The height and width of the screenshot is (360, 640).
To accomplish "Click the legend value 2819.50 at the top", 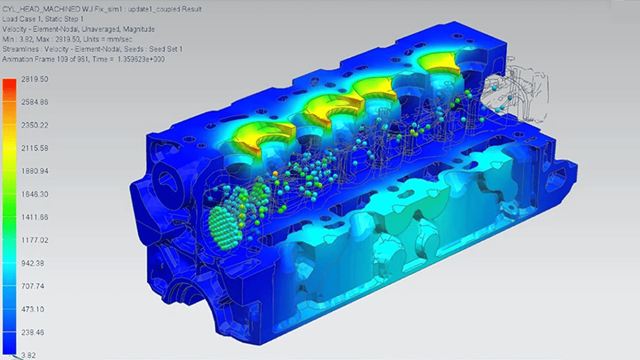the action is click(35, 79).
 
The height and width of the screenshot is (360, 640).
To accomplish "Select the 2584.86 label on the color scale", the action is click(35, 102).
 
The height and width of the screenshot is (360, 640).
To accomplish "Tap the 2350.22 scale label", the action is click(35, 125).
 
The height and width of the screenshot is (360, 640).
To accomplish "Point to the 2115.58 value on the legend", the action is click(35, 148).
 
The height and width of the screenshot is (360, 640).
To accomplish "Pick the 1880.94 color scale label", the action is click(35, 171).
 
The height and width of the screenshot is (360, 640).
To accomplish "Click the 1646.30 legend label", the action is click(35, 194).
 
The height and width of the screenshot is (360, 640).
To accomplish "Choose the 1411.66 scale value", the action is click(35, 217).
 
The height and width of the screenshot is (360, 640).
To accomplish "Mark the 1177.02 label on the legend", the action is click(35, 240).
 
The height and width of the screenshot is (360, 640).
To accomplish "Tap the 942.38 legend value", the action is click(32, 263).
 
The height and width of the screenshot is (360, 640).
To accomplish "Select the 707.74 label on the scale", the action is click(32, 286).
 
